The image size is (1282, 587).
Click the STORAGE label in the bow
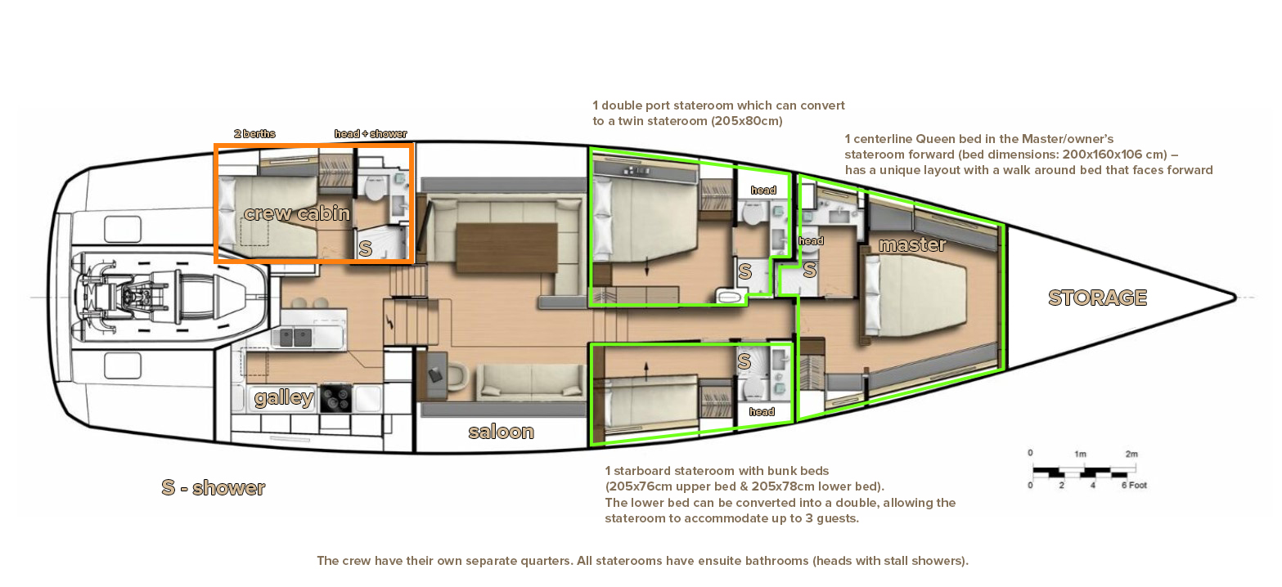point(1097,298)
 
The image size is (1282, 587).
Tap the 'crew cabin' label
point(296,213)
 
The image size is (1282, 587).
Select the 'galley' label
point(284,397)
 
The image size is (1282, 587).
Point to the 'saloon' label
point(501,432)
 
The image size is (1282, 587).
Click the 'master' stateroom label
point(912,244)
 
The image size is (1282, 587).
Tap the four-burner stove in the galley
point(336,398)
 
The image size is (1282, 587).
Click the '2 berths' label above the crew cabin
point(254,134)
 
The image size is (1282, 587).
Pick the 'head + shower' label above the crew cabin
point(371,134)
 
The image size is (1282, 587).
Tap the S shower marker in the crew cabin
point(365,249)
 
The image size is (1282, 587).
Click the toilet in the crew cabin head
point(375,189)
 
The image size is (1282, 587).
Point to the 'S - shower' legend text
point(213,487)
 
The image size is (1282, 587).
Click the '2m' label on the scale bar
point(1131,454)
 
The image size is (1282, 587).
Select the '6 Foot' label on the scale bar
point(1134,485)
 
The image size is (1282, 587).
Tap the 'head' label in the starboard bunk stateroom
point(761,412)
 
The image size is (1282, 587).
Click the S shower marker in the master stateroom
point(809,270)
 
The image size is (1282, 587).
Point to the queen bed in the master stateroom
point(915,296)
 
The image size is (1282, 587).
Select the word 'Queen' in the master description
point(932,138)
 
